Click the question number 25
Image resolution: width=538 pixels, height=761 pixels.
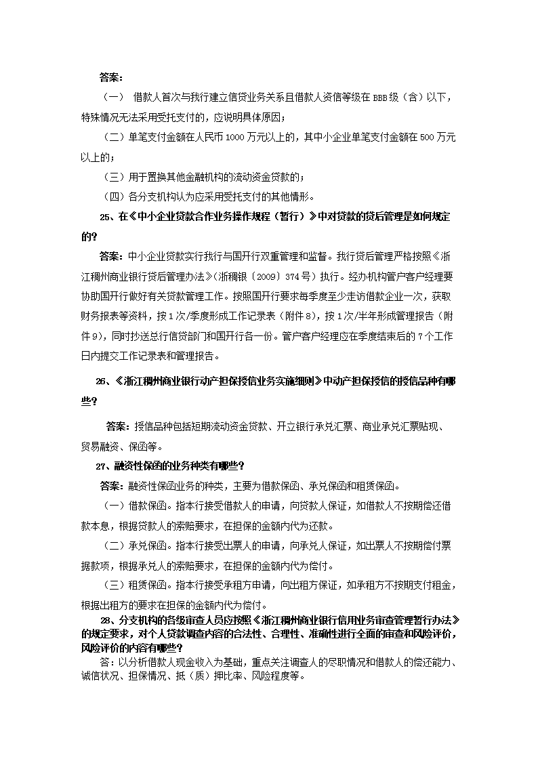click(x=106, y=218)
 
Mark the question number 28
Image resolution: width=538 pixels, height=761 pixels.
click(x=106, y=619)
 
